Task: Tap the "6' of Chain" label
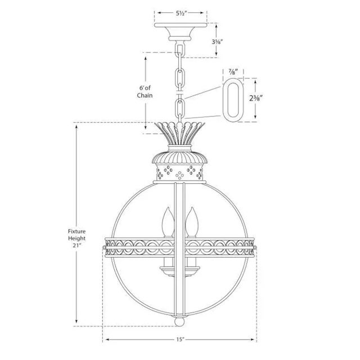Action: (144, 92)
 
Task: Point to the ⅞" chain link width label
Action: (233, 72)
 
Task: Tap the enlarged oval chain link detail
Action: (233, 98)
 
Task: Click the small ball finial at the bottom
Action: (179, 325)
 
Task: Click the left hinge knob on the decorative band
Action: (105, 246)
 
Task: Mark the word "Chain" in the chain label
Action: (144, 96)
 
